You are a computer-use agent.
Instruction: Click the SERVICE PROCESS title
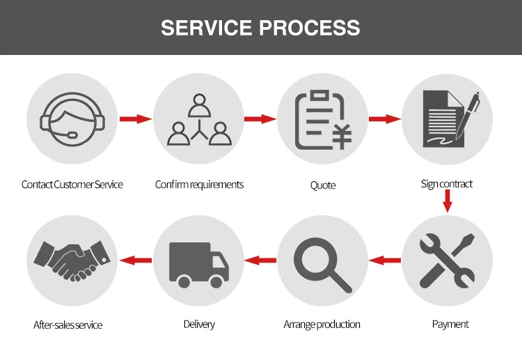tap(260, 28)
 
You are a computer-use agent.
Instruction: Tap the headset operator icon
tap(72, 119)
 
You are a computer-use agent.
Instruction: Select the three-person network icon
tap(199, 120)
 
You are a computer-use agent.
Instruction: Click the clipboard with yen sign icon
tap(322, 120)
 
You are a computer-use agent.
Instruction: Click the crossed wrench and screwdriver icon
tap(447, 261)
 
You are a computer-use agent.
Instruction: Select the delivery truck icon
tap(199, 264)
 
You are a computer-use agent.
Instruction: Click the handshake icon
tap(72, 261)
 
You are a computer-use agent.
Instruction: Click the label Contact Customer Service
tap(72, 185)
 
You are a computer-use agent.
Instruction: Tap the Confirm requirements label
tap(199, 185)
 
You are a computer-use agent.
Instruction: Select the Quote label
tap(323, 185)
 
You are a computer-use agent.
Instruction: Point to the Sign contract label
tap(447, 184)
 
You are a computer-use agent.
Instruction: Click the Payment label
tap(450, 324)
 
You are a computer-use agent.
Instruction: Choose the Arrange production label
tap(322, 324)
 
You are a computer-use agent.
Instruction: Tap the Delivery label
tap(199, 324)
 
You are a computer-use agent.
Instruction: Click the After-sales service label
tap(68, 325)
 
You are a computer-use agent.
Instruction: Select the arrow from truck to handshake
tap(136, 260)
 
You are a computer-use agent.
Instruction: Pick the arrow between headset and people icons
tap(135, 119)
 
